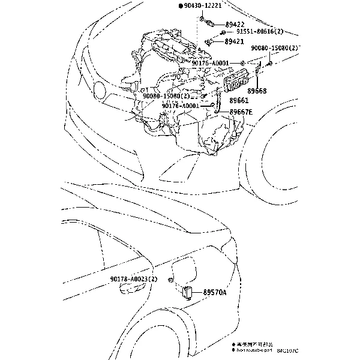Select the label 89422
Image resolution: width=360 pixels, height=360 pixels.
point(234,25)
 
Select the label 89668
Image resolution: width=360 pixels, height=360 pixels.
point(257,90)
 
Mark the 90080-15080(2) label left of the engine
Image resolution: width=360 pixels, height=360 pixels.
point(166,95)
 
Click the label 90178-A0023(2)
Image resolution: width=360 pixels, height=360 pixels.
point(133,280)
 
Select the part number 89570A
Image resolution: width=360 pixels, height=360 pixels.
point(215,292)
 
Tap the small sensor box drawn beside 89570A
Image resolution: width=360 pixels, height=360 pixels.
point(187,293)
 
